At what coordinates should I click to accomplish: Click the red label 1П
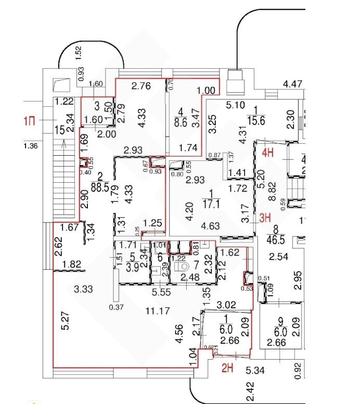30,121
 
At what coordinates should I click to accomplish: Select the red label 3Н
265,219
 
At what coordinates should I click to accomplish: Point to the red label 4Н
268,153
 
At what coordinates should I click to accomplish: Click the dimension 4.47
293,83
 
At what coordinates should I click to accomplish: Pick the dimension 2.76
140,86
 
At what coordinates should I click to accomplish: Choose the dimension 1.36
31,146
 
